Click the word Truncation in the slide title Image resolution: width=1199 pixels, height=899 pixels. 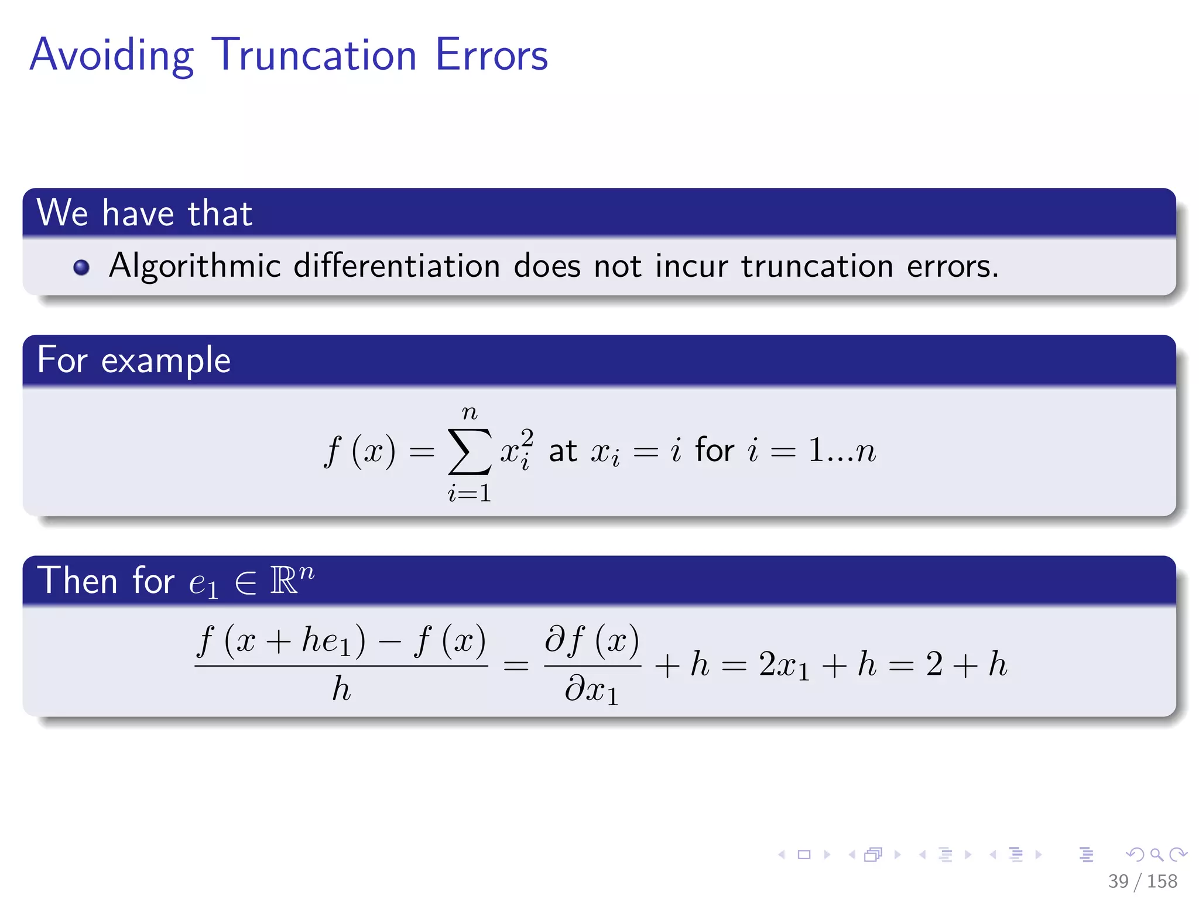click(x=314, y=56)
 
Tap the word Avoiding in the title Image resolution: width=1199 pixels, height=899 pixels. click(x=111, y=56)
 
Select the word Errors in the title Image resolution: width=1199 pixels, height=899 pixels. click(x=491, y=56)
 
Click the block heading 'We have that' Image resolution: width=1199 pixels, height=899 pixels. click(x=144, y=213)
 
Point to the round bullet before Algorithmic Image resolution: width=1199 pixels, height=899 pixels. click(x=81, y=267)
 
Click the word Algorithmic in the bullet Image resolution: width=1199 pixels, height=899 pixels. click(x=195, y=266)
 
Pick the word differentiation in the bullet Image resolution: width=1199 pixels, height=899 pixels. click(x=396, y=266)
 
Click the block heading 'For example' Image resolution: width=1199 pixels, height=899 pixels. click(x=133, y=360)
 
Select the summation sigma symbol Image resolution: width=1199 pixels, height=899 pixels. click(x=469, y=451)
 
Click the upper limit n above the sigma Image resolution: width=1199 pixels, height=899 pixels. click(x=469, y=413)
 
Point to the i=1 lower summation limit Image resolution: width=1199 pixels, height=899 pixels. click(x=469, y=493)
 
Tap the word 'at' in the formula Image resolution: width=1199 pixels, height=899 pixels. click(x=563, y=451)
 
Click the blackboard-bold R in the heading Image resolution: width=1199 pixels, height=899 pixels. click(x=285, y=581)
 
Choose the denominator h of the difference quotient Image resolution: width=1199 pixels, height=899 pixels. click(x=341, y=689)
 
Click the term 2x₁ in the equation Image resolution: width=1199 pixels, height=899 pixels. click(x=784, y=665)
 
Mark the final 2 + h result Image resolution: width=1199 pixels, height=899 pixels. click(x=967, y=664)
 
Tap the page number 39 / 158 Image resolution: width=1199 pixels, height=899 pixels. click(x=1142, y=881)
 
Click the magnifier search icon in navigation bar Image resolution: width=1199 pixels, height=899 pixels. click(x=1156, y=855)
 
